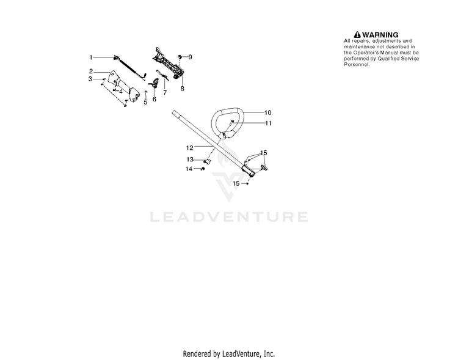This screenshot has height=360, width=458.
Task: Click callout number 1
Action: (x=90, y=57)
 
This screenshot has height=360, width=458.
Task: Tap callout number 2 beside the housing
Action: (x=90, y=72)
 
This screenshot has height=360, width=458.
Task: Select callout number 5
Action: (x=145, y=102)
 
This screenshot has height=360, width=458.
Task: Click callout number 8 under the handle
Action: (x=182, y=88)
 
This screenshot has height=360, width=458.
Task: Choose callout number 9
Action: (x=190, y=57)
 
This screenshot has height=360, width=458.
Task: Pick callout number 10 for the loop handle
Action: (x=267, y=112)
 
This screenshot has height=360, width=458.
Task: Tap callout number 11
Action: (x=267, y=123)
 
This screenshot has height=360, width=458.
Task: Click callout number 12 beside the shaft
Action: (x=189, y=147)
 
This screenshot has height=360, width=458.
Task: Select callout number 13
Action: (x=190, y=160)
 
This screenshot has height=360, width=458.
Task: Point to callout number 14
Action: (x=189, y=169)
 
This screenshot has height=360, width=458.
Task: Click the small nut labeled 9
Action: (x=180, y=56)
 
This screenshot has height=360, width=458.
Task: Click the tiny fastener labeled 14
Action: (x=200, y=169)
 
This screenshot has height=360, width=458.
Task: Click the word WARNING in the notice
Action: (x=380, y=35)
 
